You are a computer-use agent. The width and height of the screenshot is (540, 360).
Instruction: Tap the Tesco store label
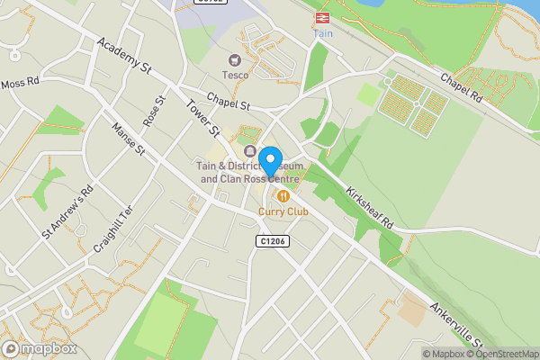click(236, 76)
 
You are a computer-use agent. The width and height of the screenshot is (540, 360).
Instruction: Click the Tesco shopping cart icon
click(235, 59)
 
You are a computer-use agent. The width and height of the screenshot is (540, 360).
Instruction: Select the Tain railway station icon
click(321, 17)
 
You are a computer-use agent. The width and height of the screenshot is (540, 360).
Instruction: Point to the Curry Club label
click(283, 211)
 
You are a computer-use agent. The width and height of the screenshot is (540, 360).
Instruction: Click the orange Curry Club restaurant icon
click(283, 195)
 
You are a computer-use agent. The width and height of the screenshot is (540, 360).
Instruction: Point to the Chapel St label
click(226, 103)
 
